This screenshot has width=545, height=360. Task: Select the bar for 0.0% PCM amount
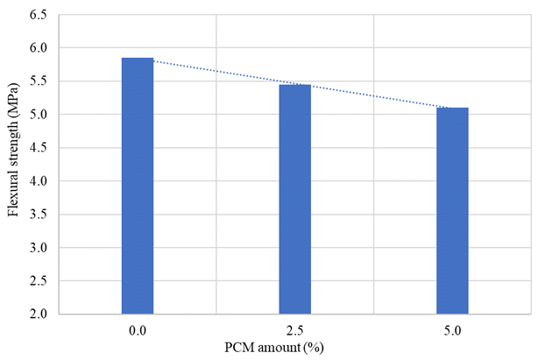point(138,186)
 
